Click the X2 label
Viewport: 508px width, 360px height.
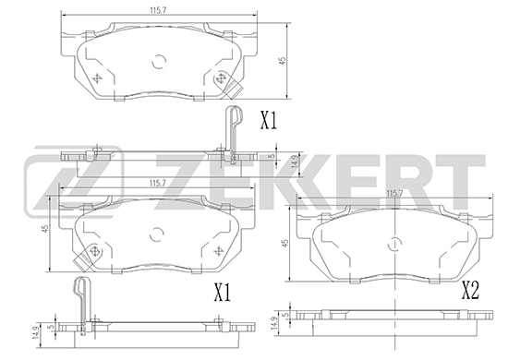[470, 290]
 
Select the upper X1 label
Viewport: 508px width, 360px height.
[269, 120]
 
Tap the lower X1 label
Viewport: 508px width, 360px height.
[223, 292]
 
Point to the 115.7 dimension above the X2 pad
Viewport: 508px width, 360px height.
[394, 194]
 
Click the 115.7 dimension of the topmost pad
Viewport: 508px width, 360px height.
[158, 10]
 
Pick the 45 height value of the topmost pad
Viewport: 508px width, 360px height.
[283, 61]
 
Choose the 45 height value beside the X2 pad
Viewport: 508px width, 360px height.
[285, 244]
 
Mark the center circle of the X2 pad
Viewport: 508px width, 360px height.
[395, 244]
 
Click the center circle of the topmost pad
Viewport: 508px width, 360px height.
[159, 61]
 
